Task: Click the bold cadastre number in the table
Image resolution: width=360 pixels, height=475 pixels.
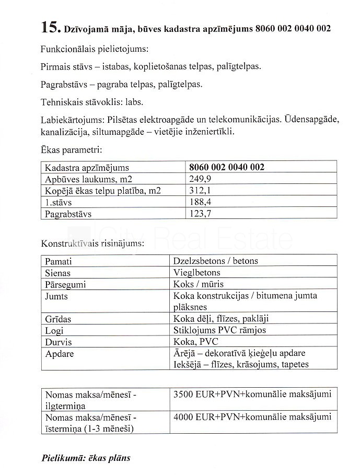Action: (x=226, y=168)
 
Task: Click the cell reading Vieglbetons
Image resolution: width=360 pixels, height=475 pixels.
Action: (x=197, y=273)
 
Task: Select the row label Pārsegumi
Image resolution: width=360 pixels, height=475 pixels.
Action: (x=65, y=285)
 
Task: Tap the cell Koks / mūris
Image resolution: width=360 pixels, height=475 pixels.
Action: (x=198, y=285)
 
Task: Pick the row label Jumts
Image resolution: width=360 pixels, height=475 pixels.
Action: (x=56, y=296)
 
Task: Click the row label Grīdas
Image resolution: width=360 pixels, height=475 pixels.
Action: (x=58, y=319)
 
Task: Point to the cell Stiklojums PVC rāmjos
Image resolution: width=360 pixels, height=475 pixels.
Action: (x=219, y=330)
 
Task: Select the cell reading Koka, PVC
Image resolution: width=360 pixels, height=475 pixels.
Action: (x=196, y=342)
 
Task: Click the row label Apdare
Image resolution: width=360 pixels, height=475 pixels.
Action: (x=60, y=354)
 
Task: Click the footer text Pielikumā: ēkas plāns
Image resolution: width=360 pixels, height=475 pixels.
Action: (x=86, y=458)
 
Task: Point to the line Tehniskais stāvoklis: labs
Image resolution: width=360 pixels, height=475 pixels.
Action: (x=91, y=101)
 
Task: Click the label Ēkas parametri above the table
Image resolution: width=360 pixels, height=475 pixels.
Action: (x=71, y=150)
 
